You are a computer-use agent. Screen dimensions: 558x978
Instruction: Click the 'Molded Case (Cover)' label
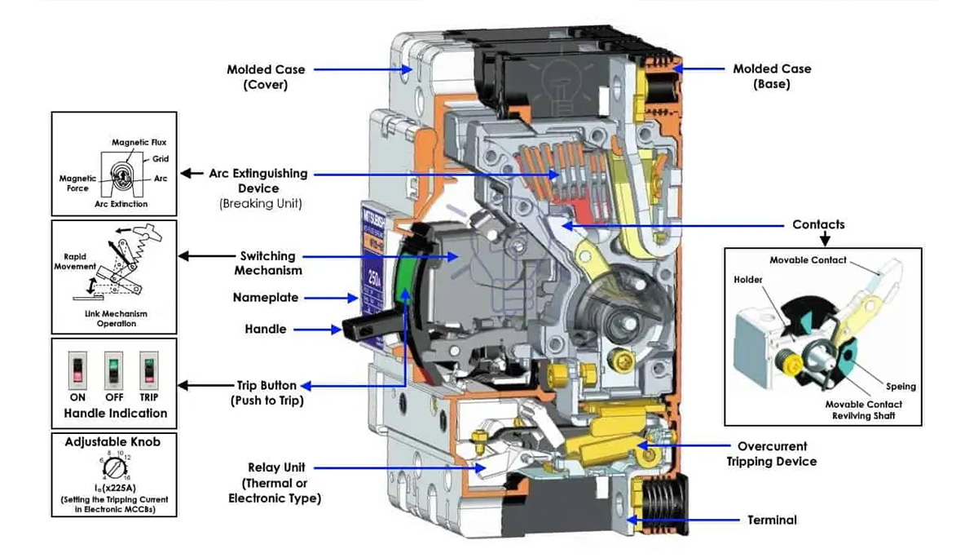point(266,76)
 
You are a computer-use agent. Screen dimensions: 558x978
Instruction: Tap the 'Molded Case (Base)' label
point(772,76)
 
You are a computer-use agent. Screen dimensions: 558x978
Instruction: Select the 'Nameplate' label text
point(266,298)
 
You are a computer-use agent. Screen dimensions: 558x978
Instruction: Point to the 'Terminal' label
point(772,520)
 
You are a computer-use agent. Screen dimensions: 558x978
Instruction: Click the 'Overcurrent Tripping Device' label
point(771,454)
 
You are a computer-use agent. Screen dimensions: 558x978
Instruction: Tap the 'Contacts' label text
point(818,224)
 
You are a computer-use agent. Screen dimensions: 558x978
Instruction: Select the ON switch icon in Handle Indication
point(78,370)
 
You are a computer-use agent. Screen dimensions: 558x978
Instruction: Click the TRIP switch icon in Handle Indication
point(148,370)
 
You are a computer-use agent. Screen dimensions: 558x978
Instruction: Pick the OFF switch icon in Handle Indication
point(114,370)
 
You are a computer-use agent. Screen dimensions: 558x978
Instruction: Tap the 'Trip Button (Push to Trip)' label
point(267,392)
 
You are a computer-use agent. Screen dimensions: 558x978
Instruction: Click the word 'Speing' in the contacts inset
point(901,387)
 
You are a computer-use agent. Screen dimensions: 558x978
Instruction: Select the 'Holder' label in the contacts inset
point(747,280)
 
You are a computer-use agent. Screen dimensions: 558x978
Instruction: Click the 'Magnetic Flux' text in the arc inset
point(139,143)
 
